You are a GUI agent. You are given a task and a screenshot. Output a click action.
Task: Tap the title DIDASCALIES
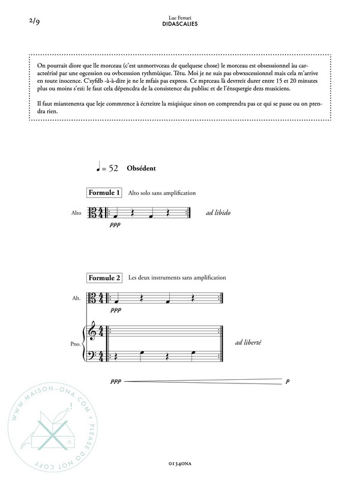point(180,25)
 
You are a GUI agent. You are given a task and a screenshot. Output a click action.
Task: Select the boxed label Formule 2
point(105,278)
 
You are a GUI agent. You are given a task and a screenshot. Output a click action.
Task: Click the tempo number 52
point(113,169)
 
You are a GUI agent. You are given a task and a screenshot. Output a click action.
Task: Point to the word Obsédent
point(142,169)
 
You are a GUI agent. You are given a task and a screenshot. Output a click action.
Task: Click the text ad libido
point(218,213)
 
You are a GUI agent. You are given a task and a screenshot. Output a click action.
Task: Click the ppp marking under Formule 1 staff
point(115,226)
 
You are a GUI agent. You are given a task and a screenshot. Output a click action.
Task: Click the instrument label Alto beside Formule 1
point(76,212)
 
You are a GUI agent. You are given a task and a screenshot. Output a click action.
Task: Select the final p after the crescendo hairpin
point(288,381)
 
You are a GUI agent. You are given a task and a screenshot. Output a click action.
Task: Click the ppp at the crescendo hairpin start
point(115,381)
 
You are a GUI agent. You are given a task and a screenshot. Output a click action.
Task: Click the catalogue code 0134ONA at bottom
point(180,464)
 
